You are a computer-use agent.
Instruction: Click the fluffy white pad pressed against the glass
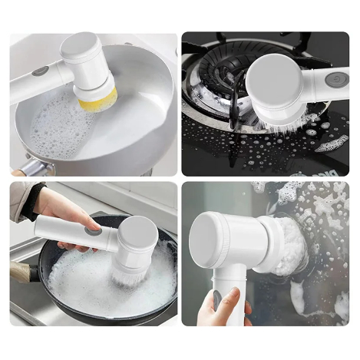pos(289,246)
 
